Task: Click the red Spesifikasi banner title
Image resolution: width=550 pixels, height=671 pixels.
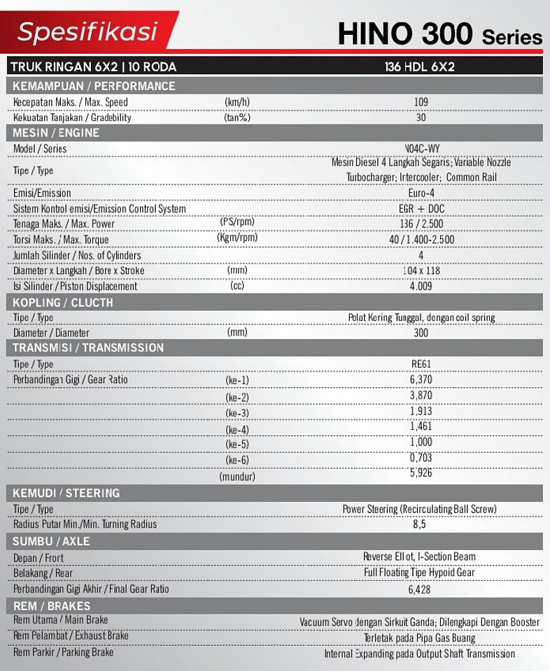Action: point(87,31)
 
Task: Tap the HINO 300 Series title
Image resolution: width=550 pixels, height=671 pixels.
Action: point(439,34)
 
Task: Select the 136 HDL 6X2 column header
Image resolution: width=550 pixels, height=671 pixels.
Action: point(420,67)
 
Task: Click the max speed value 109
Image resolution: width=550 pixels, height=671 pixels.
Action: point(421,102)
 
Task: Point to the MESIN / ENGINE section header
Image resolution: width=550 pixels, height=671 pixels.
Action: point(56,133)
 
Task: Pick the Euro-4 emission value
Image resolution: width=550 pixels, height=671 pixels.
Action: point(421,193)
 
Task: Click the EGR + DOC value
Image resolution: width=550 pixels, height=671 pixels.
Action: point(421,208)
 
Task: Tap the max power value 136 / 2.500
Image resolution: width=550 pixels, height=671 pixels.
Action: point(421,224)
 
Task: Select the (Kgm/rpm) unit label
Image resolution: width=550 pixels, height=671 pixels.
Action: point(237,238)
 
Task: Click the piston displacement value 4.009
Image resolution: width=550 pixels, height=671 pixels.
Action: point(421,286)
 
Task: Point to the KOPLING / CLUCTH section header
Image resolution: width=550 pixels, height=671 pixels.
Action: point(63,303)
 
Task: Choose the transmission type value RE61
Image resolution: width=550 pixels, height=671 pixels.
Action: point(421,364)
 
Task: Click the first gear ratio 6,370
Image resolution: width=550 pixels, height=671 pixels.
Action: point(421,380)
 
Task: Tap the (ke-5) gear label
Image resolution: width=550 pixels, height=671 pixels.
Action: point(237,444)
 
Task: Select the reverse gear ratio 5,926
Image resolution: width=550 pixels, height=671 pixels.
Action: point(421,472)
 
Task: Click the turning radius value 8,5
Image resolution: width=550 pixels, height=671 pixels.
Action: point(420,524)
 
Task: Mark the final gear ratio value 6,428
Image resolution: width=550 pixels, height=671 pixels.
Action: point(420,589)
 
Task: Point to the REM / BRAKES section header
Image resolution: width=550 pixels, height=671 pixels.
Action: point(52,606)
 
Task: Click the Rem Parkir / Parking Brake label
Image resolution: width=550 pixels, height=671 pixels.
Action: point(63,653)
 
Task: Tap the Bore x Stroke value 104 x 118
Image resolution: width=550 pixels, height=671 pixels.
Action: point(421,270)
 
